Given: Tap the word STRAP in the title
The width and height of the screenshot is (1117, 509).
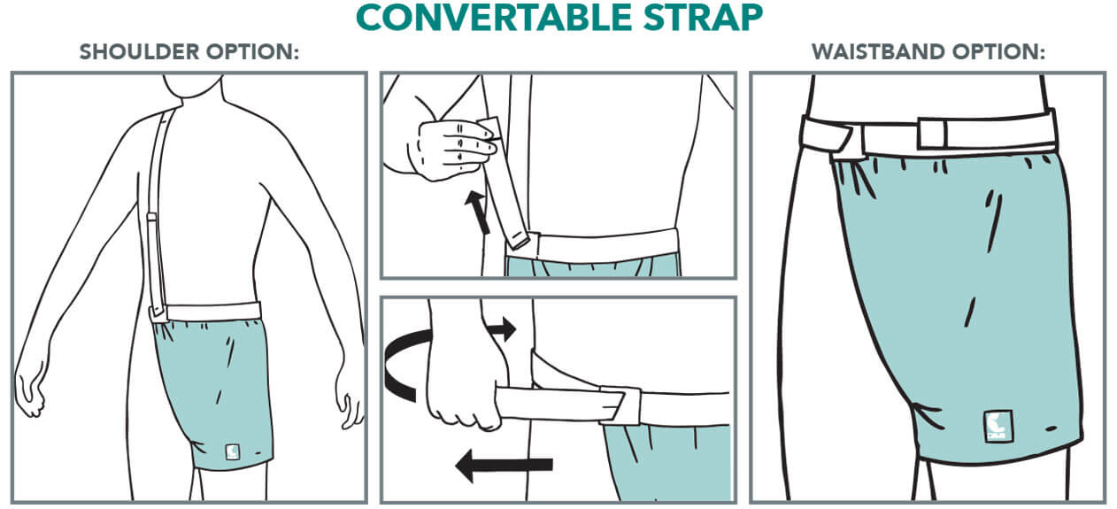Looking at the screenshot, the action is pyautogui.click(x=703, y=18).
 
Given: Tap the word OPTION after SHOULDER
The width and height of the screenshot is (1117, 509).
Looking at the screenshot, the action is pyautogui.click(x=253, y=52).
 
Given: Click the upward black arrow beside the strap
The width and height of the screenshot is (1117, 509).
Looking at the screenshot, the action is pyautogui.click(x=477, y=212).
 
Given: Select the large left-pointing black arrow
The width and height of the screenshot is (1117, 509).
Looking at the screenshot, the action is pyautogui.click(x=504, y=465).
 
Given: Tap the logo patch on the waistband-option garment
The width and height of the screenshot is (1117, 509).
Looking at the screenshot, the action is pyautogui.click(x=998, y=426).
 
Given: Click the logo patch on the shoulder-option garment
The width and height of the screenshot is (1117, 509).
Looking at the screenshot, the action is pyautogui.click(x=233, y=452).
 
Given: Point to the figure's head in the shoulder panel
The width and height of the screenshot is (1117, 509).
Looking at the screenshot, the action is pyautogui.click(x=194, y=86).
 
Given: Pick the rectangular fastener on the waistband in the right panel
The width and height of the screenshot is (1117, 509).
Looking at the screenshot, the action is pyautogui.click(x=932, y=133).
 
